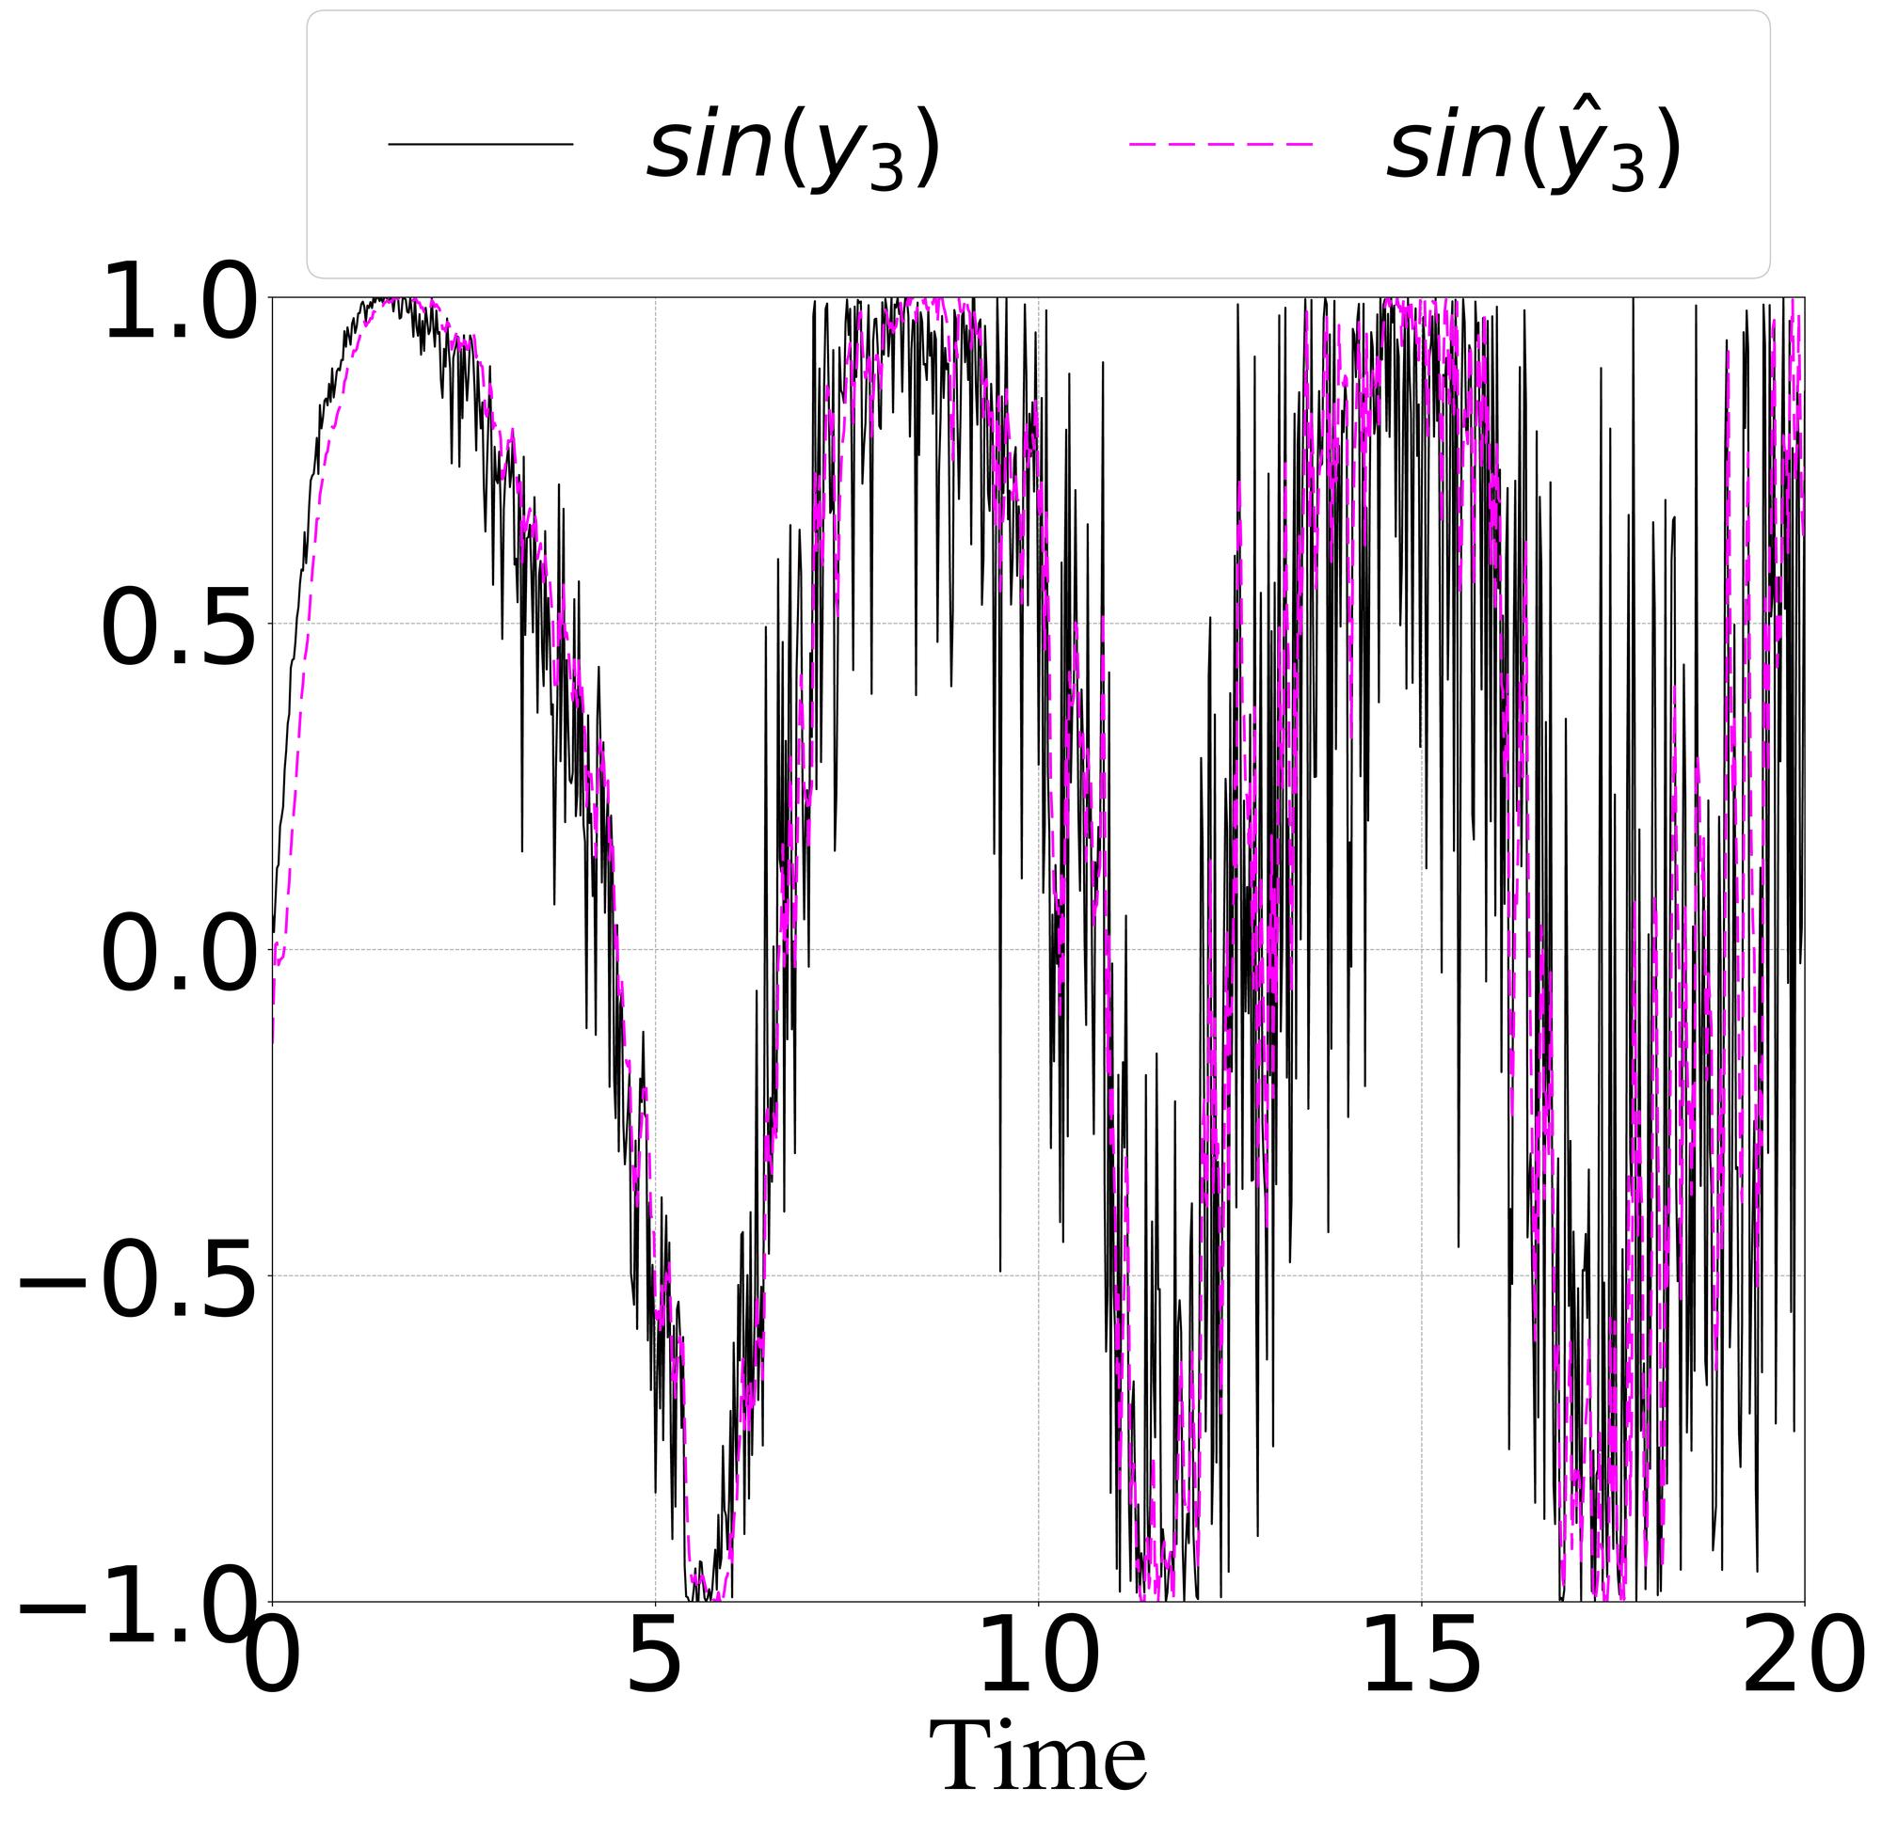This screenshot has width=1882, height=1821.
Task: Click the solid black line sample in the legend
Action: pyautogui.click(x=480, y=145)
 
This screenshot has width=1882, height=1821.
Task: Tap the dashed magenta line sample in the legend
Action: pyautogui.click(x=1220, y=145)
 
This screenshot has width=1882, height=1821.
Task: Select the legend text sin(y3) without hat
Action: pyautogui.click(x=792, y=149)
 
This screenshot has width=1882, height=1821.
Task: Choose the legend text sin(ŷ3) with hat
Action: pyautogui.click(x=1534, y=149)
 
